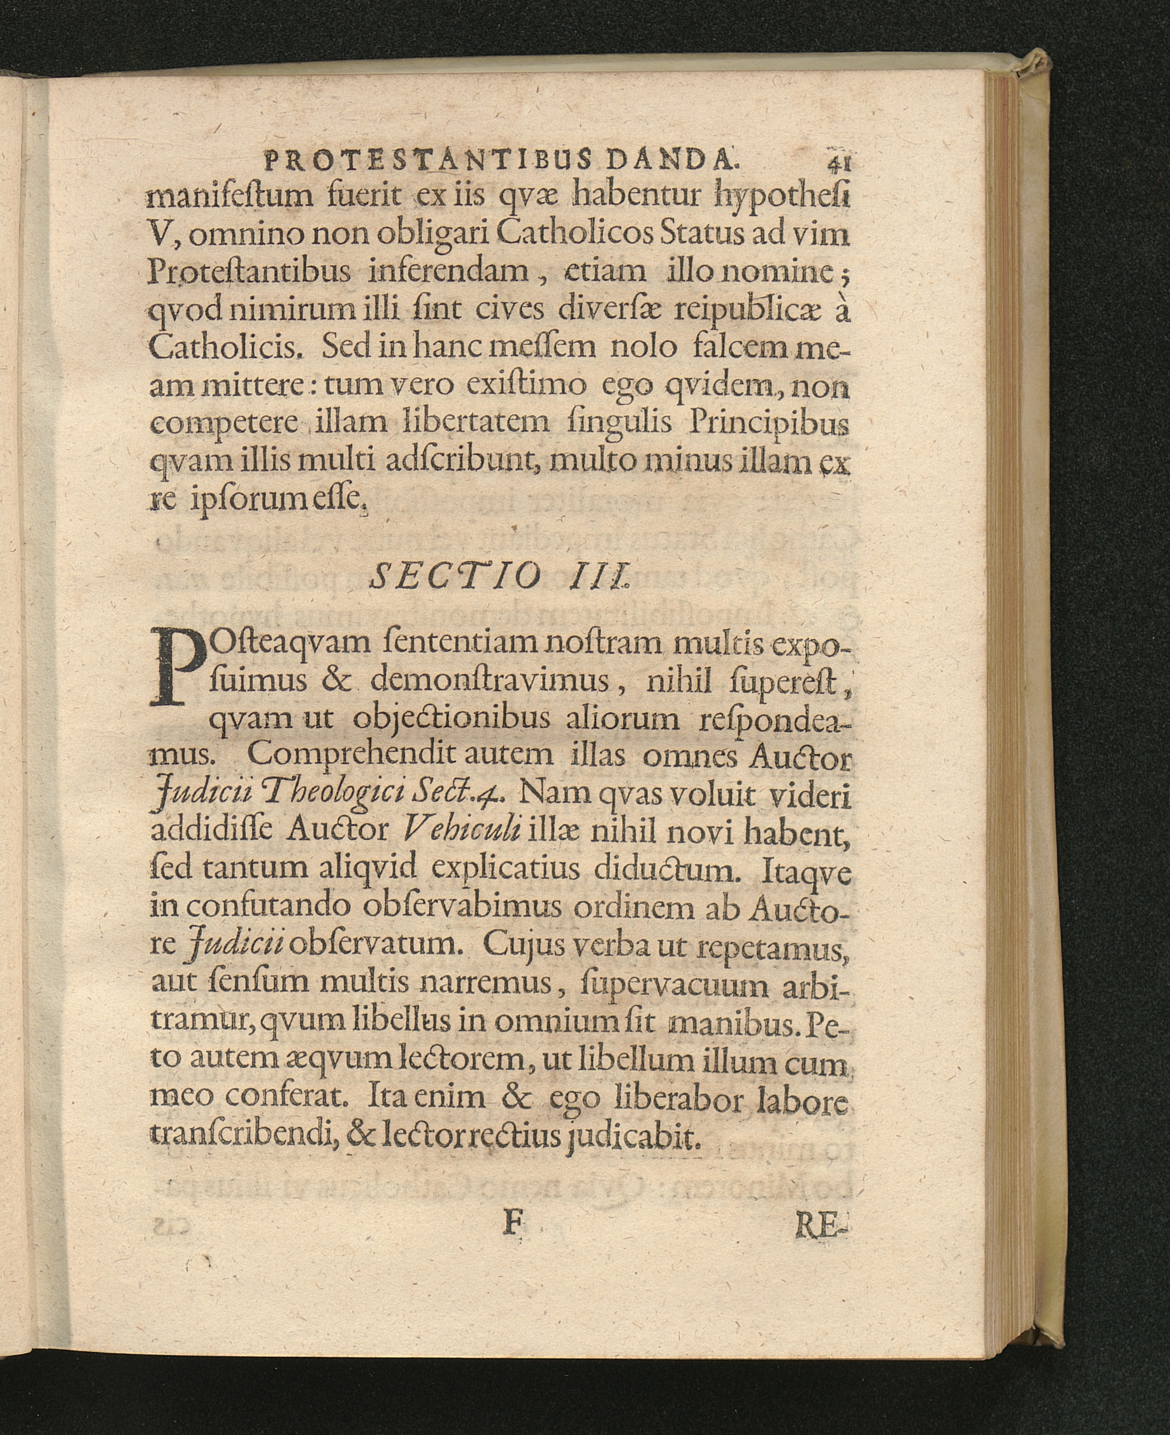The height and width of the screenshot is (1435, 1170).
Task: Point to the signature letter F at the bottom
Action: click(x=513, y=1225)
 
